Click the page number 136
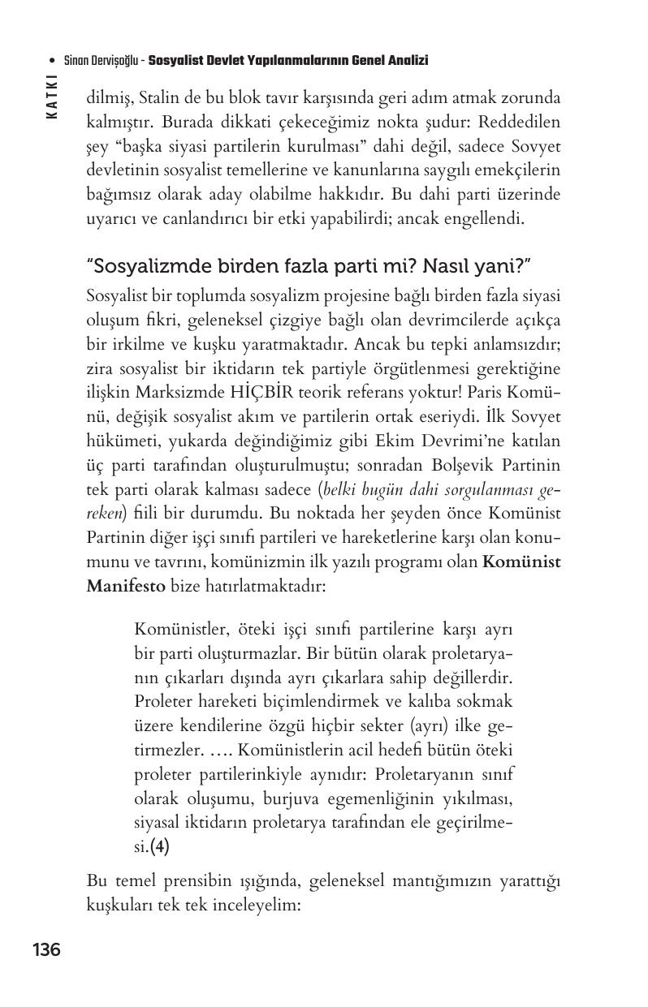click(x=46, y=949)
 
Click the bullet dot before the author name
click(x=52, y=61)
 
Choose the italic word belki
click(x=341, y=492)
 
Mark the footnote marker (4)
click(x=159, y=848)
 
